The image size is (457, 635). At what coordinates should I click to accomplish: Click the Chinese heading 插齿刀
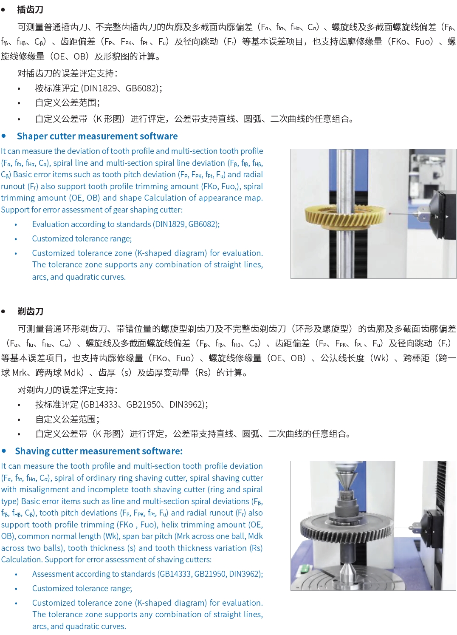click(30, 10)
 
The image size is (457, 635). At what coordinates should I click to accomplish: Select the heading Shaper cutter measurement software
click(97, 136)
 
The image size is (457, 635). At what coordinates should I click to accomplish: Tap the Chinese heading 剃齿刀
click(30, 311)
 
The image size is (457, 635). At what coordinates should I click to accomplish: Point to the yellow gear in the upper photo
click(345, 216)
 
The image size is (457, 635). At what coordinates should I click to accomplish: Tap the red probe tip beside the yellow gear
click(390, 213)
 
